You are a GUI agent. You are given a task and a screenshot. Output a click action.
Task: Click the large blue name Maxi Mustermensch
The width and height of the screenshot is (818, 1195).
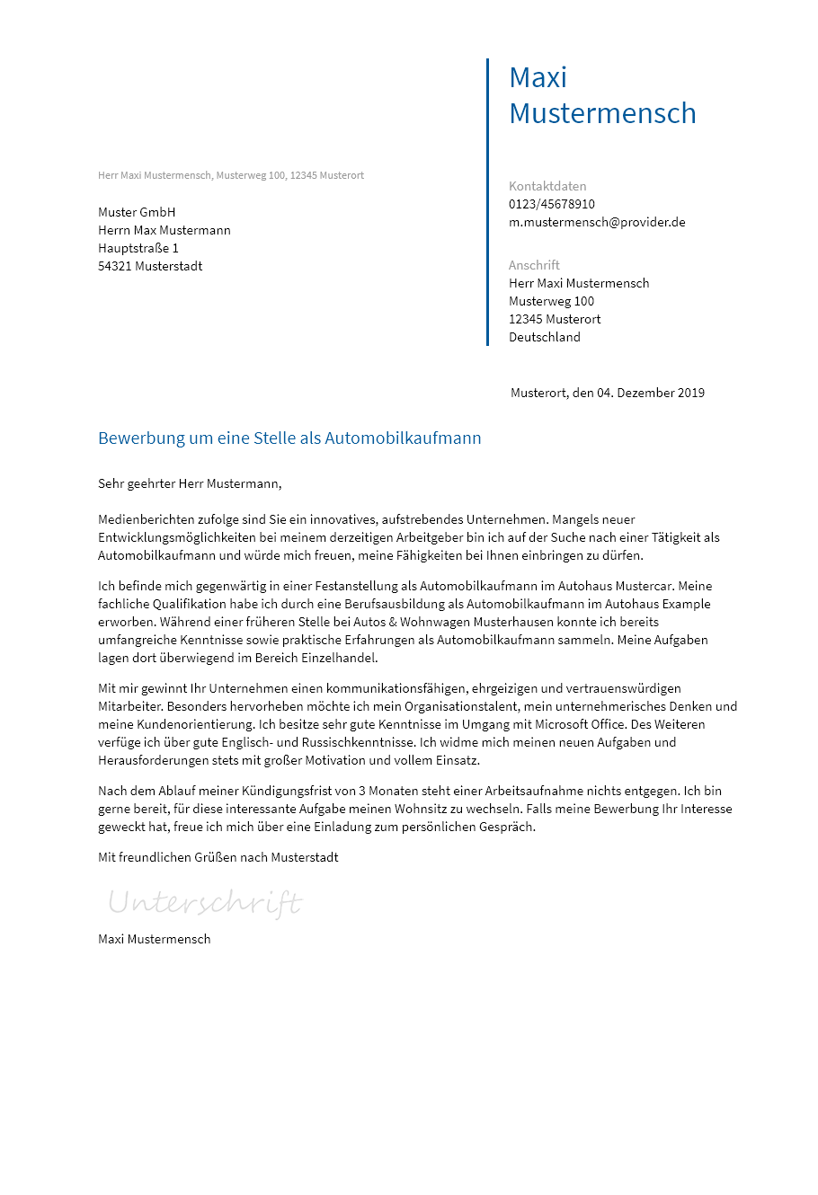coord(602,95)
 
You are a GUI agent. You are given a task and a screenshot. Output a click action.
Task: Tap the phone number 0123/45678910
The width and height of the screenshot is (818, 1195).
coord(552,204)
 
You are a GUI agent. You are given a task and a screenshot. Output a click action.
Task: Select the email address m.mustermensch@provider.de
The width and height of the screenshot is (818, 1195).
coord(597,222)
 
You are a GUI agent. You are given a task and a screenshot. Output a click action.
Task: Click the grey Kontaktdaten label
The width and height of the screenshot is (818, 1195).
coord(547,186)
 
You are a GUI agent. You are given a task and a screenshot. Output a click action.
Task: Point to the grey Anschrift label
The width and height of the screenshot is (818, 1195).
coord(534,265)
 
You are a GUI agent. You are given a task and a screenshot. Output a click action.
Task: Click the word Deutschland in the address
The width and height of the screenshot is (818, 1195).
coord(545,337)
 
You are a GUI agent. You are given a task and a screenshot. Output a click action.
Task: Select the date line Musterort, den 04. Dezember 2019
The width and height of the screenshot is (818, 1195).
coord(608,393)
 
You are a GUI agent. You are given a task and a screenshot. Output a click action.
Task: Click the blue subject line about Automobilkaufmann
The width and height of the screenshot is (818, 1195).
coord(289,438)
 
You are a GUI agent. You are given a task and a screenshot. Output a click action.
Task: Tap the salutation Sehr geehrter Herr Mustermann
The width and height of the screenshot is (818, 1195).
coord(190,483)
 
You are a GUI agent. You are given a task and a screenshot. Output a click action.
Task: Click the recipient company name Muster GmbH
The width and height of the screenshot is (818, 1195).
coord(137,212)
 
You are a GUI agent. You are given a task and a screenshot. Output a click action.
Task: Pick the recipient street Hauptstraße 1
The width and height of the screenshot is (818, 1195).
coord(138,248)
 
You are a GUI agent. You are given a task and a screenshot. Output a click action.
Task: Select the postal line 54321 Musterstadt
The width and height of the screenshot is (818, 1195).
coord(150,266)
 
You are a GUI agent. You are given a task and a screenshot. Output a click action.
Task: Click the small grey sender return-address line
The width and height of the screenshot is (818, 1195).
coord(231,175)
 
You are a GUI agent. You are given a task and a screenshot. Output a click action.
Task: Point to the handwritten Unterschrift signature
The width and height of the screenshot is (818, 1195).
coord(205,902)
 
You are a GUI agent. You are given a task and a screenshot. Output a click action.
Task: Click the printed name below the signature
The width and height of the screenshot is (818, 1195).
coord(155,939)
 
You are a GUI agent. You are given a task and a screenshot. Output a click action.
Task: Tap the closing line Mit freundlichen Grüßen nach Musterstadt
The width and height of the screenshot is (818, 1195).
coord(218,857)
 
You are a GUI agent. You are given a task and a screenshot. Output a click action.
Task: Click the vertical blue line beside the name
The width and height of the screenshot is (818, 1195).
coord(487,202)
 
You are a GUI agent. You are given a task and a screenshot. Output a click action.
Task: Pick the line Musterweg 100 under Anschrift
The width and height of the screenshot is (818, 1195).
coord(551,301)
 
